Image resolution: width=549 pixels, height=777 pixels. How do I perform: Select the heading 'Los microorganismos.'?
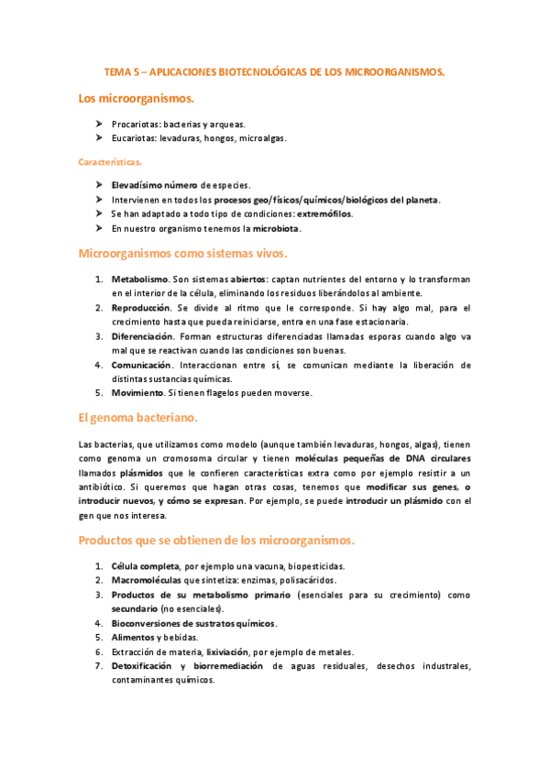click(137, 98)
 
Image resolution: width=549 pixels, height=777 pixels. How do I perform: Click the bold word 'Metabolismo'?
click(139, 279)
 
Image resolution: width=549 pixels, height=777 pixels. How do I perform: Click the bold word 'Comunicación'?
click(142, 365)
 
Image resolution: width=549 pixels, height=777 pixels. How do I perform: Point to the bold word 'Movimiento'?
click(137, 393)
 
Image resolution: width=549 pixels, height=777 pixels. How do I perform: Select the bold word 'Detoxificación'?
click(143, 666)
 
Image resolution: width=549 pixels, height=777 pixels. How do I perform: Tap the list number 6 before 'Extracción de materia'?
click(99, 652)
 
